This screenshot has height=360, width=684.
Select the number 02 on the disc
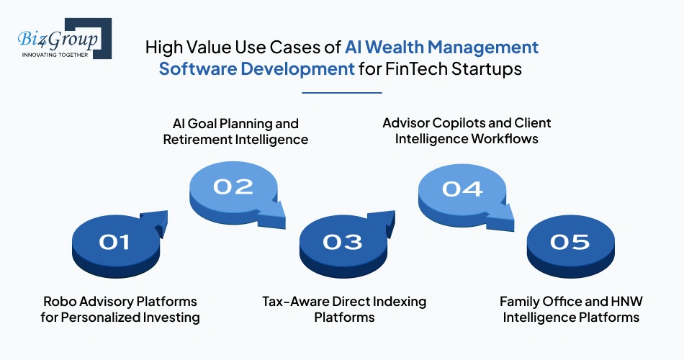tap(233, 186)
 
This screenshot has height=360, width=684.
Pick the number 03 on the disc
tap(343, 242)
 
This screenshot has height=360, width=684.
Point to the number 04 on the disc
tap(462, 189)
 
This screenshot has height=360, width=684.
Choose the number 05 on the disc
tap(570, 242)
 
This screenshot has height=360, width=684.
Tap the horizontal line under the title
tap(341, 92)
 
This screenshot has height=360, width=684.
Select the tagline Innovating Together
tap(55, 54)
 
